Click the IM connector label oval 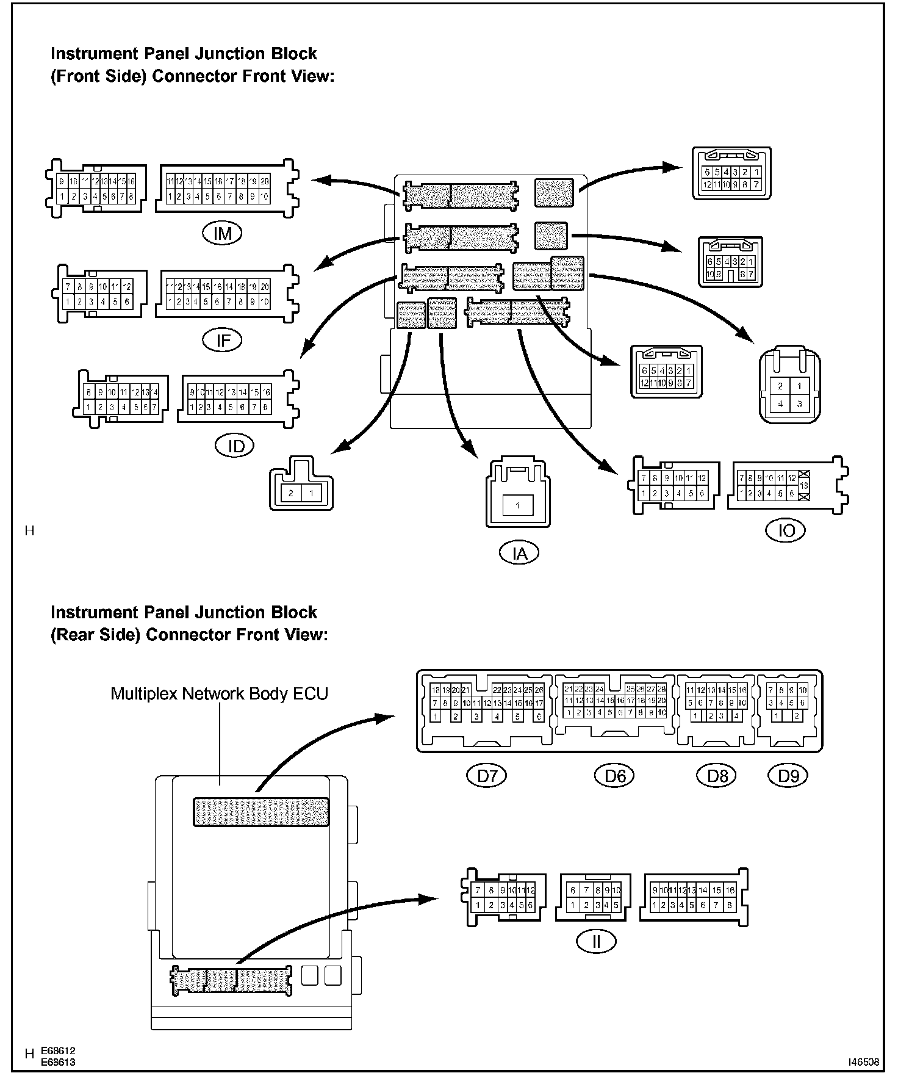(223, 233)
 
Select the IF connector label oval (223, 340)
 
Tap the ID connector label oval (235, 446)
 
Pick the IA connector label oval (519, 553)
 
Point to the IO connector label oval (786, 530)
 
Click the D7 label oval (487, 776)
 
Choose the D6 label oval (615, 776)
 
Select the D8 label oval (717, 776)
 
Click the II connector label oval (596, 942)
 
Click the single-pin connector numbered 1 (517, 505)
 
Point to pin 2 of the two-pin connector (292, 493)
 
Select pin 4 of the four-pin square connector (780, 403)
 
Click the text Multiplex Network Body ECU (219, 694)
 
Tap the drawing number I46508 (863, 1062)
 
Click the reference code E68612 (58, 1051)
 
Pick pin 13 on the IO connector (805, 485)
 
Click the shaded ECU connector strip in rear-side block (261, 812)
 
